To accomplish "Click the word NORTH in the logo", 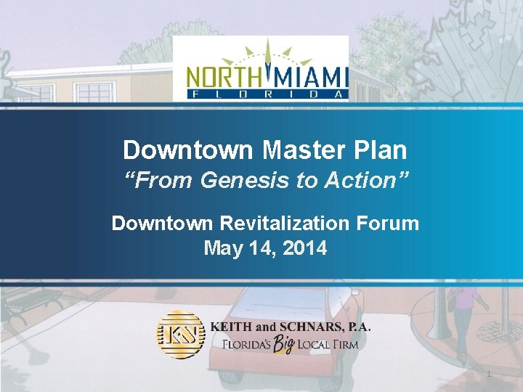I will [x=222, y=76].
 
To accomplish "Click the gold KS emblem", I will [x=180, y=335].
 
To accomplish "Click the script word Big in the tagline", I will [x=284, y=344].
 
